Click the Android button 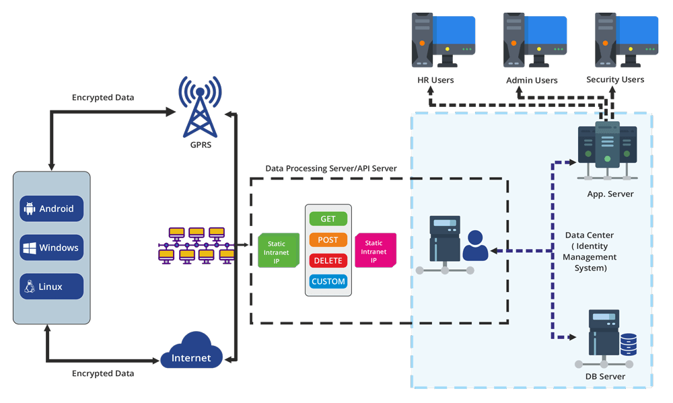point(51,209)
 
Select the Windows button point(51,248)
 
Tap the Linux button point(51,287)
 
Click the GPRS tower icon point(199,108)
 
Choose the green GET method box point(328,219)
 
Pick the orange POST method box point(328,240)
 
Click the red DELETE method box point(328,260)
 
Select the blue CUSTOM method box point(328,281)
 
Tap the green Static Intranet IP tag point(278,250)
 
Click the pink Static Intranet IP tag point(375,250)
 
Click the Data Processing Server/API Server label point(331,168)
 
